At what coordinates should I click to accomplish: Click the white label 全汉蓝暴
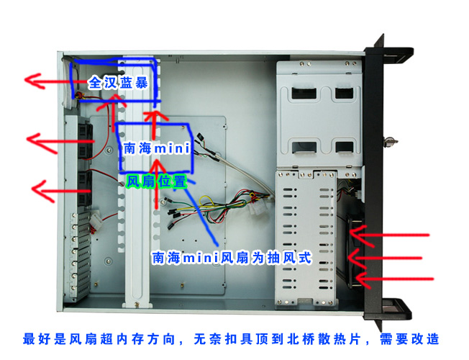118,82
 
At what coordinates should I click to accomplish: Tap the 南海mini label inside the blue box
157,148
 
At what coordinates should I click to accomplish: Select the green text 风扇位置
156,181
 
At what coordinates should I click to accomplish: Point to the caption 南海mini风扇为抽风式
232,258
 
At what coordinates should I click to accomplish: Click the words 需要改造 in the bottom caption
409,339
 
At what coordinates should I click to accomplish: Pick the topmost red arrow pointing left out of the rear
55,81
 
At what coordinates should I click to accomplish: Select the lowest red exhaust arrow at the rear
61,191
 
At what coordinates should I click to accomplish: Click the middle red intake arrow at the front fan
385,258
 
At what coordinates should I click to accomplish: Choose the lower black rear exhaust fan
85,188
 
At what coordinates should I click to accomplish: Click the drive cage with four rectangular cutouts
319,113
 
